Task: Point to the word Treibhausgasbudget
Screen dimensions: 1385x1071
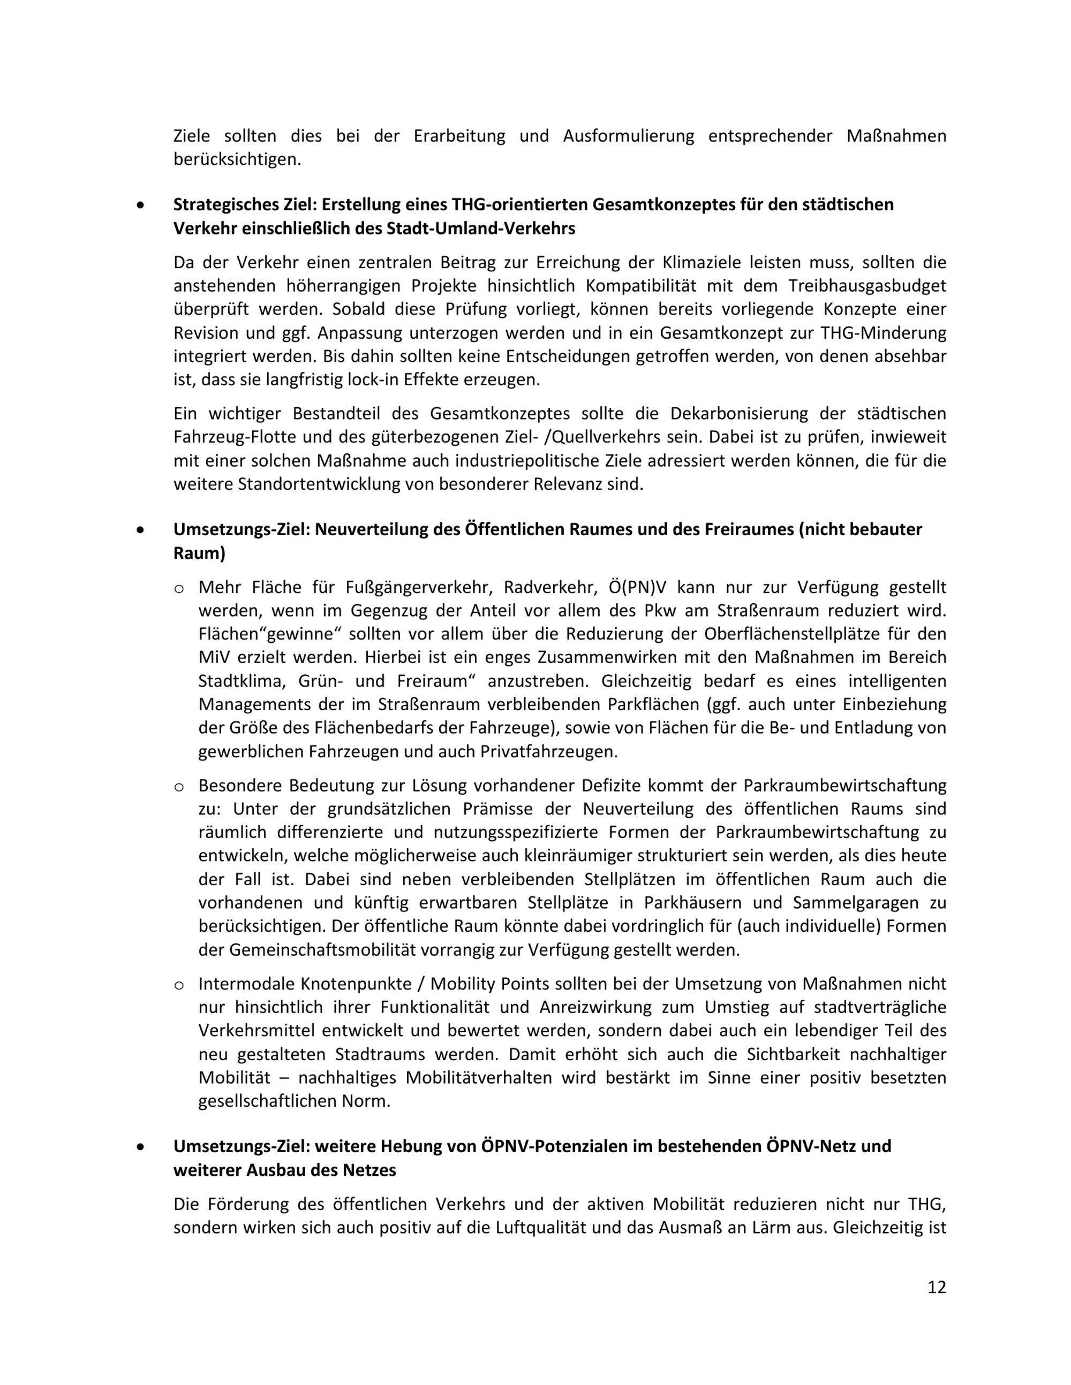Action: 868,286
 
